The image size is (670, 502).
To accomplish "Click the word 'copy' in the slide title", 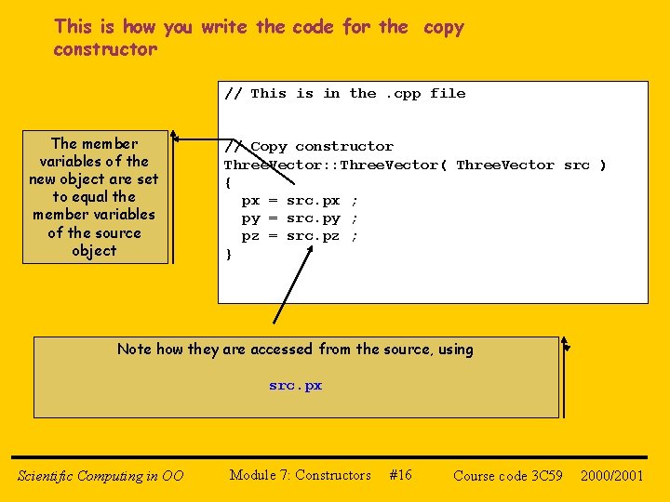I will [443, 27].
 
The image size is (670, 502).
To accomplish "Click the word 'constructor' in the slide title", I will [105, 49].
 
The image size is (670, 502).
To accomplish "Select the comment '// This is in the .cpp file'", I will [345, 93].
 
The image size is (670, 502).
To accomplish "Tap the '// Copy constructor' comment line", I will [310, 146].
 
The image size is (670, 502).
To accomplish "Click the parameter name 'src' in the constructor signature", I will [577, 165].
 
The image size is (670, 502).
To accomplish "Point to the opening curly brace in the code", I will [228, 182].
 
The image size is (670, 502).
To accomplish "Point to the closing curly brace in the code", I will [228, 254].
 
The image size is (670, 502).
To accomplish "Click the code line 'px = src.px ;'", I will [300, 200].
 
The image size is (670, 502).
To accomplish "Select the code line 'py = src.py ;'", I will [300, 218].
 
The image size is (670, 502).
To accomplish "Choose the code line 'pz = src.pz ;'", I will [300, 236].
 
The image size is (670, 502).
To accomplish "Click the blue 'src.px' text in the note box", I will [296, 385].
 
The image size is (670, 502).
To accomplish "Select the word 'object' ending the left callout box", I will [94, 251].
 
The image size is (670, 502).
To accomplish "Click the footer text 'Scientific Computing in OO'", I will [100, 476].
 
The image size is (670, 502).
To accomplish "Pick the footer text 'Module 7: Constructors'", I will [300, 475].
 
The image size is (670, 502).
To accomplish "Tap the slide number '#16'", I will [400, 475].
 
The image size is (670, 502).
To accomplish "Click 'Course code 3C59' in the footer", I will [508, 476].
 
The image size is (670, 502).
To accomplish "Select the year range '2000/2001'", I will [612, 476].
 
